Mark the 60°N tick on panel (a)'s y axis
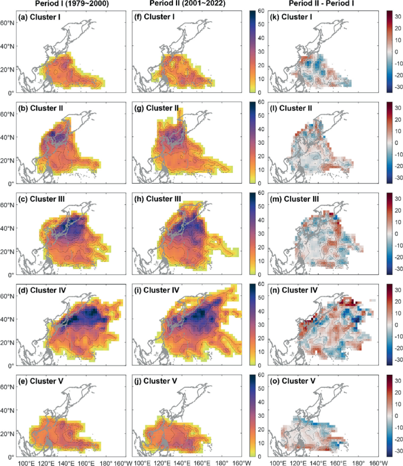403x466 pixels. click(x=8, y=23)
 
